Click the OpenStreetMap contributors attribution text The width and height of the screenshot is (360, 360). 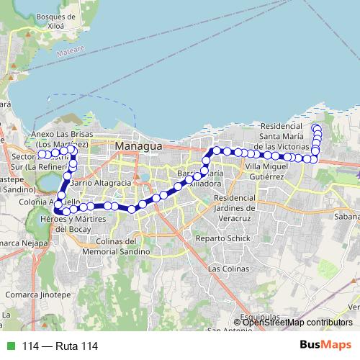point(297,323)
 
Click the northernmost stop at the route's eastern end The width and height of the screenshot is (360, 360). point(315,127)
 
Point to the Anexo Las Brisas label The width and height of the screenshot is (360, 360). point(60,138)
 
